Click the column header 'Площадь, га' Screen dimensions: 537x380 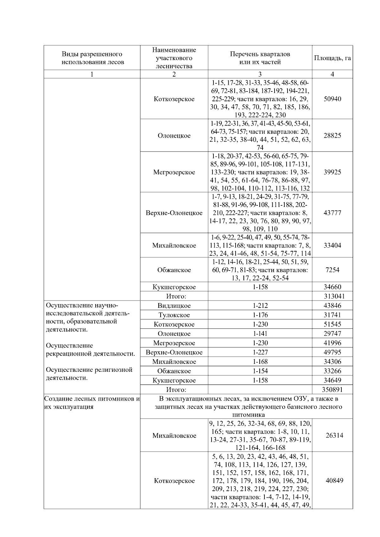pyautogui.click(x=332, y=58)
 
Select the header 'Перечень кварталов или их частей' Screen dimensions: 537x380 pyautogui.click(x=260, y=58)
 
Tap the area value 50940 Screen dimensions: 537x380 pyautogui.click(x=332, y=99)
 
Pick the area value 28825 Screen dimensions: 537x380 pyautogui.click(x=332, y=135)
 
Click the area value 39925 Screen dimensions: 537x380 pyautogui.click(x=332, y=172)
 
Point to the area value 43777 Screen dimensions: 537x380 pyautogui.click(x=332, y=213)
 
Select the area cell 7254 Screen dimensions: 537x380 pyautogui.click(x=332, y=270)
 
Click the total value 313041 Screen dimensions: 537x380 pyautogui.click(x=332, y=296)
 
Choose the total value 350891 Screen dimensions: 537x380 pyautogui.click(x=332, y=390)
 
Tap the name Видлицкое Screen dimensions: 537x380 pyautogui.click(x=174, y=306)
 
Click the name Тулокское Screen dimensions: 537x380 pyautogui.click(x=174, y=315)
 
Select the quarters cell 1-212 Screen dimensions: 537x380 pyautogui.click(x=260, y=306)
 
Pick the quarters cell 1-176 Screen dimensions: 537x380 pyautogui.click(x=260, y=315)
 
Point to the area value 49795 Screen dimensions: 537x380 pyautogui.click(x=332, y=352)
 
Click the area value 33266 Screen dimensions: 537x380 pyautogui.click(x=332, y=371)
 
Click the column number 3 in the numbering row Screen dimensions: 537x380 pyautogui.click(x=260, y=74)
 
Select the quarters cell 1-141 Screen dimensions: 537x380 pyautogui.click(x=260, y=334)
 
